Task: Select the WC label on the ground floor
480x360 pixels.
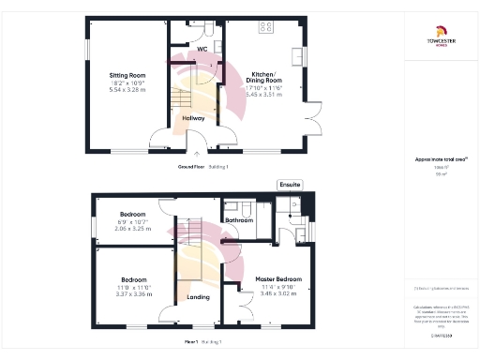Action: tap(202, 48)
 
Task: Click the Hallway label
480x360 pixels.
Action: tap(194, 119)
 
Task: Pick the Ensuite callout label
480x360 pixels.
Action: tap(290, 185)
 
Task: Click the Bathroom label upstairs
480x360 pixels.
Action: tap(241, 220)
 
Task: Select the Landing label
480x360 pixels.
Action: tap(197, 298)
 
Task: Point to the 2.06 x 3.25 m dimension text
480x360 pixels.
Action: tap(131, 229)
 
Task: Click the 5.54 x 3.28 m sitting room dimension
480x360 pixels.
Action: tap(127, 89)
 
